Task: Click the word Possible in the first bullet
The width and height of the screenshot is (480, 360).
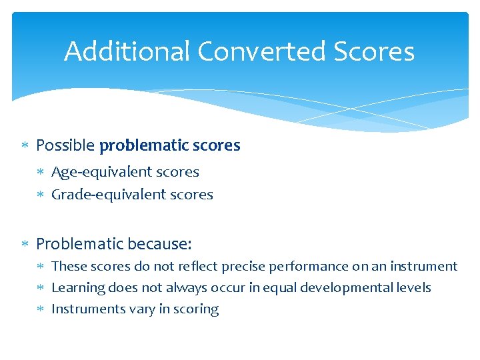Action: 65,145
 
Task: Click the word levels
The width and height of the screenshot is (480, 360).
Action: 415,288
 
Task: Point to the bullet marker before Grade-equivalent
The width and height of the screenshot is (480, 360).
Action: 41,195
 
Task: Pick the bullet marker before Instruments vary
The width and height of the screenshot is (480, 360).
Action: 41,309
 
